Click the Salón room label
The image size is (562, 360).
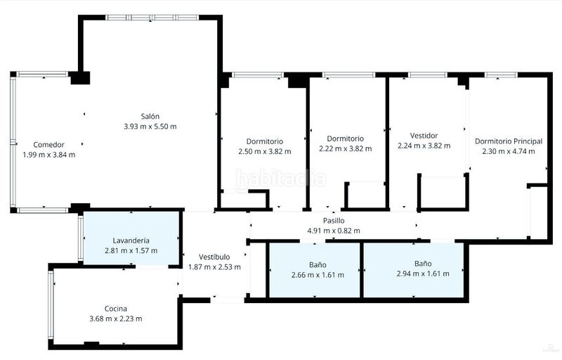tap(150, 116)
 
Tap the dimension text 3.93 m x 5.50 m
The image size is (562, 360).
tap(150, 127)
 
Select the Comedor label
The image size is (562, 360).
tap(48, 145)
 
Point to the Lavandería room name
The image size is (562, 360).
tap(131, 240)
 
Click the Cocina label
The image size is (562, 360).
tap(116, 309)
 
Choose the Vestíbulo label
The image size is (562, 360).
tap(214, 257)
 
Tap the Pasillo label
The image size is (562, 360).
tap(334, 221)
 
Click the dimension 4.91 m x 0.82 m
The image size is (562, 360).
tap(334, 231)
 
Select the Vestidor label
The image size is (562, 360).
tap(424, 136)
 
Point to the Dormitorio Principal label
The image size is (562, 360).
tap(509, 141)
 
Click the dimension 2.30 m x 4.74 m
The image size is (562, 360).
tap(509, 151)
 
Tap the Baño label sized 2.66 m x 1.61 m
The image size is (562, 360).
tap(318, 264)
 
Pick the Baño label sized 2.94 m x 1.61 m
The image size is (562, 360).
tap(423, 264)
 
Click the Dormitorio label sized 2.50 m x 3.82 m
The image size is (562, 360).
tap(265, 141)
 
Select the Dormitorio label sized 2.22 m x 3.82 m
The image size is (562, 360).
tap(345, 139)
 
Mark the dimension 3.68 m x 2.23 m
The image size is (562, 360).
tap(116, 319)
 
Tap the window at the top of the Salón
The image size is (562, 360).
tap(152, 17)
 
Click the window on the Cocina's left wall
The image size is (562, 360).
tap(51, 304)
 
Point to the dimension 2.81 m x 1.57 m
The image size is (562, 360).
tap(131, 250)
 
